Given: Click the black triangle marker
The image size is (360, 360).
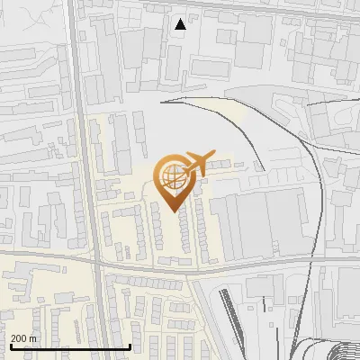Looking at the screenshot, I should pyautogui.click(x=181, y=24).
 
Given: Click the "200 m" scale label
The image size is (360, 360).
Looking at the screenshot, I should pyautogui.click(x=23, y=338).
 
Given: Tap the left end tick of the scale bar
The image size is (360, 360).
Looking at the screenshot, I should pyautogui.click(x=10, y=346).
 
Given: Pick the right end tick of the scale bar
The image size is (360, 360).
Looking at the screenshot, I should pyautogui.click(x=130, y=346).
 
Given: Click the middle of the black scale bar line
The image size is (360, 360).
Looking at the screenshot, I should pyautogui.click(x=70, y=347).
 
